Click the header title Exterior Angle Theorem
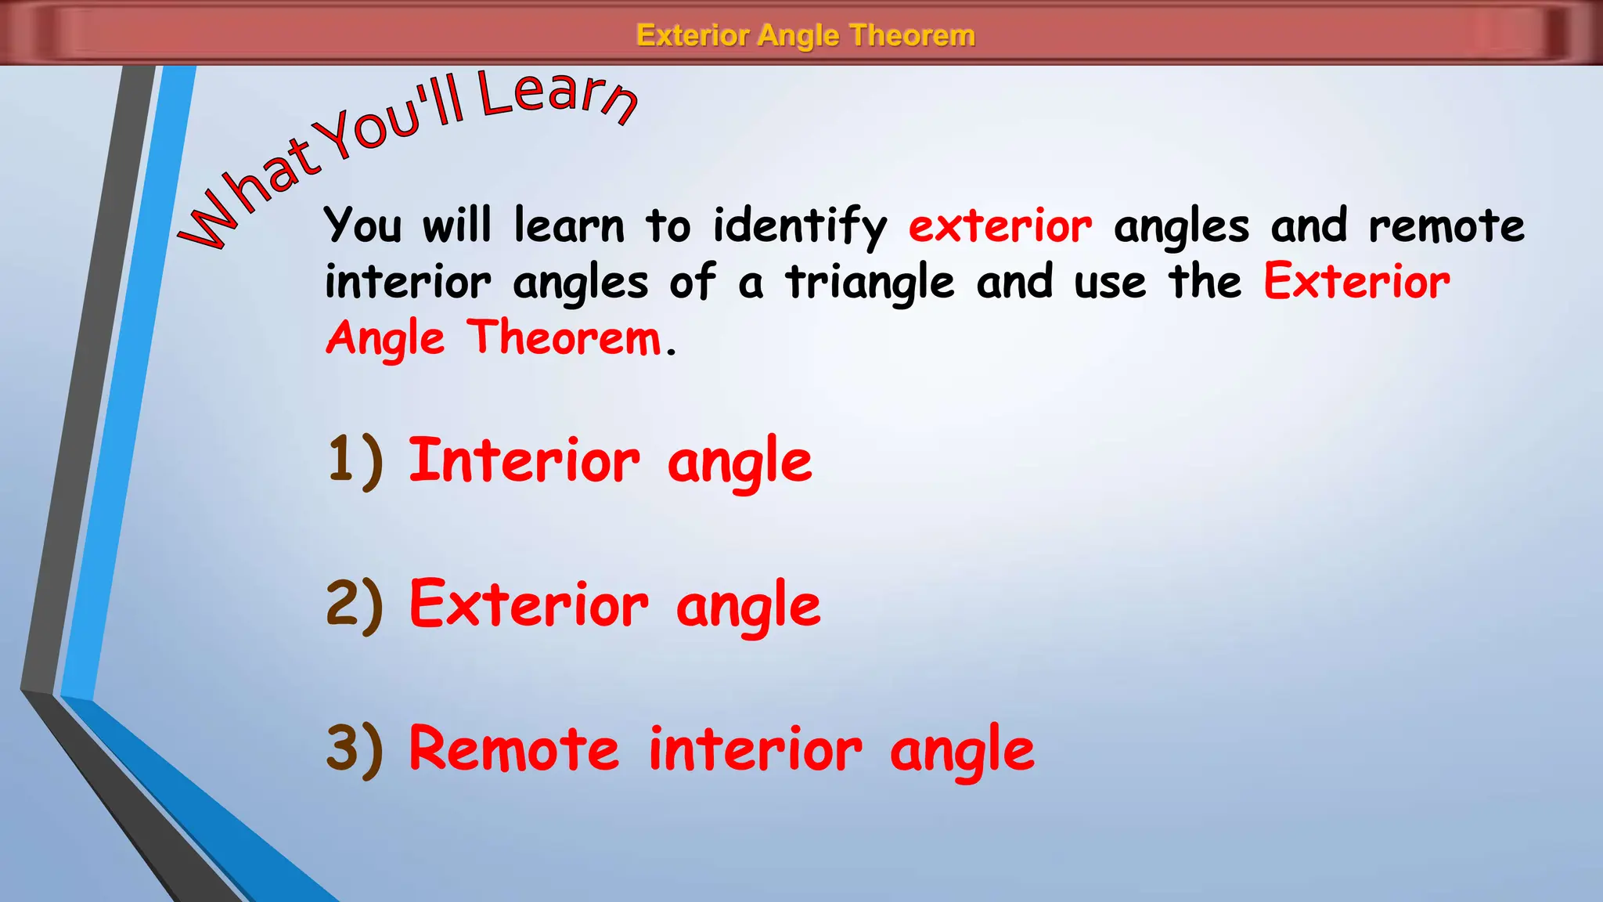pos(805,35)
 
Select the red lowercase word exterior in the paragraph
pos(1000,226)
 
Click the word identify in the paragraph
pos(799,226)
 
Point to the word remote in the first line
pos(1446,226)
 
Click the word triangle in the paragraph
pos(870,283)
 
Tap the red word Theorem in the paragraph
pos(564,338)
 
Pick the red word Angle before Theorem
pos(385,340)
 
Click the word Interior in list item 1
pos(524,460)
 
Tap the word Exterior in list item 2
pos(529,604)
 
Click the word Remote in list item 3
pos(514,749)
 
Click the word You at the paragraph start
pos(363,226)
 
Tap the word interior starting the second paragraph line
pos(408,283)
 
